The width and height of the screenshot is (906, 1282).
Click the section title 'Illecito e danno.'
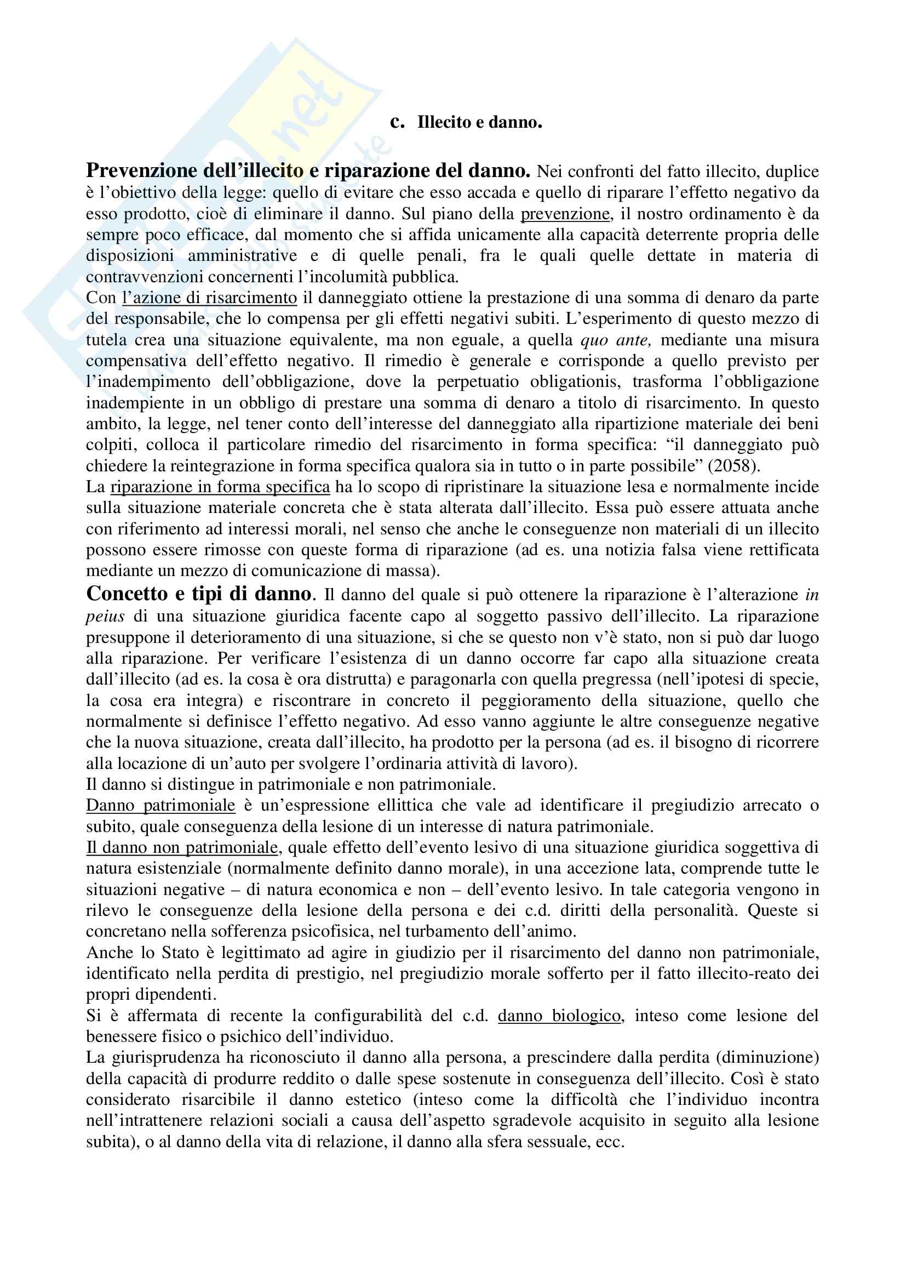tap(479, 122)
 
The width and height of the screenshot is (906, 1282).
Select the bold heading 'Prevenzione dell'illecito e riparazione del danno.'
tap(308, 170)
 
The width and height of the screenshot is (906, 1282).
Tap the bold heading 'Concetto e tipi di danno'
tap(199, 594)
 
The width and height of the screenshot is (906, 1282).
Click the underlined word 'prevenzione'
tap(565, 214)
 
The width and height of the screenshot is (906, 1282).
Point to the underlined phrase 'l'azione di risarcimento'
tap(209, 298)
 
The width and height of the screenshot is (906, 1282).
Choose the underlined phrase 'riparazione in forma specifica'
tap(220, 487)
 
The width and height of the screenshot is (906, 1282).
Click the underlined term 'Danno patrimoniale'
tap(160, 805)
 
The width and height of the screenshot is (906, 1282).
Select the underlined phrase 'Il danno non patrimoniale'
tap(182, 847)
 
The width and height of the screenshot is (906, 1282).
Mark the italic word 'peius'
tap(105, 617)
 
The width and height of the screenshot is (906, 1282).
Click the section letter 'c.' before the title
tap(397, 122)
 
